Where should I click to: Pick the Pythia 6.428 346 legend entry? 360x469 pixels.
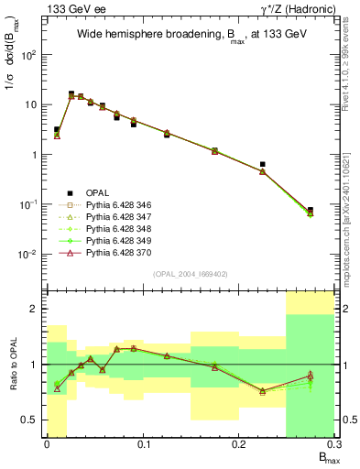[x=116, y=205]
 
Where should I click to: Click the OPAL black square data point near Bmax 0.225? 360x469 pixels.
[x=263, y=165]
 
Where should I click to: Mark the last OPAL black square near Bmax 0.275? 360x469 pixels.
[x=311, y=210]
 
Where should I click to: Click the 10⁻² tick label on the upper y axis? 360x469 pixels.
[x=33, y=255]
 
